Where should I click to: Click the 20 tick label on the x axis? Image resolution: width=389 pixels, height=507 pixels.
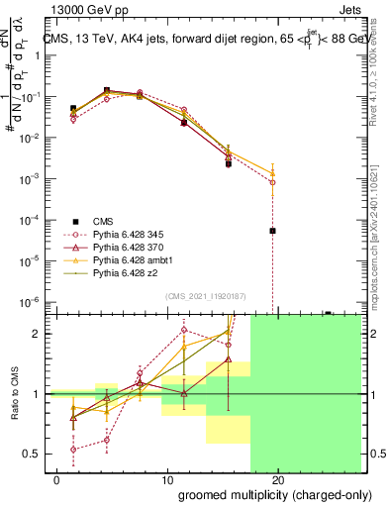278,480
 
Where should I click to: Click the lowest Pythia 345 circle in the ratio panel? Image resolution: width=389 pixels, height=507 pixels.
74,449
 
